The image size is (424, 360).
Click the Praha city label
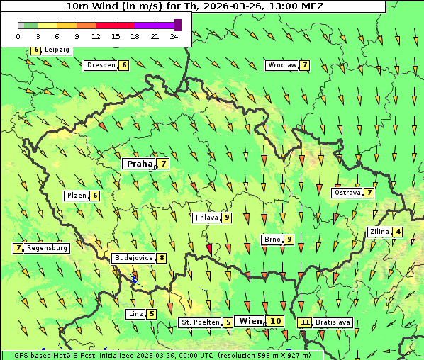(139, 164)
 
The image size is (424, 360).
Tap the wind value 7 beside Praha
(164, 164)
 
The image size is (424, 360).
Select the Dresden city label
(101, 65)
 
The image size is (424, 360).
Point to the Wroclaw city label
(281, 65)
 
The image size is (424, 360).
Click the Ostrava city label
(347, 193)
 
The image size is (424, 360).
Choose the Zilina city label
(379, 232)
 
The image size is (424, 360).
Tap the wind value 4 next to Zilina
(398, 232)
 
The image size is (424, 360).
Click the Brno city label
(272, 240)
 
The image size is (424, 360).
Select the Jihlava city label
(206, 218)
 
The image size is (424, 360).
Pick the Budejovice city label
(133, 258)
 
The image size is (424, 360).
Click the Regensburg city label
(47, 248)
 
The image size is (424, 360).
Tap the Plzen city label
(76, 195)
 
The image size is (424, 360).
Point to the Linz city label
(135, 313)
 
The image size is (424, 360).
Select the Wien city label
(250, 321)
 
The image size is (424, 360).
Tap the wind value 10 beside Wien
(275, 321)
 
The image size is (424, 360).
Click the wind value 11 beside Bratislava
(305, 322)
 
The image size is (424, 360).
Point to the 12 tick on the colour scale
(96, 36)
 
